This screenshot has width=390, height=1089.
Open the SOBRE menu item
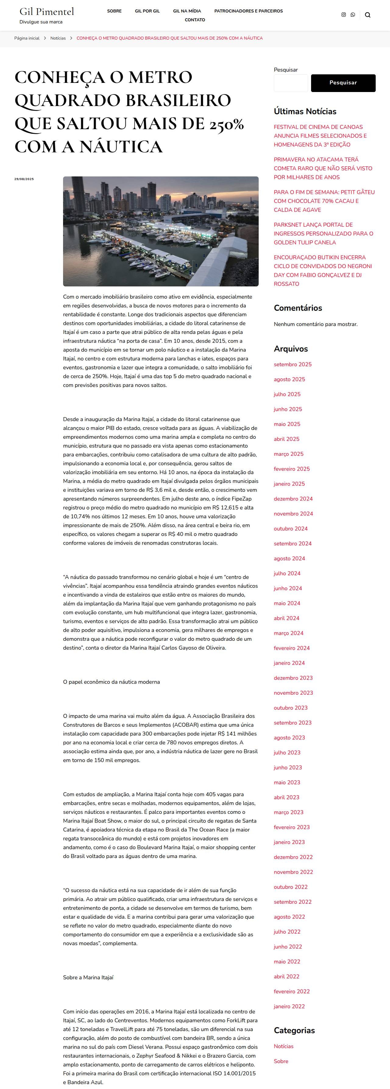[114, 11]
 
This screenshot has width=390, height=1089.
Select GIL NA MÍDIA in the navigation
[187, 11]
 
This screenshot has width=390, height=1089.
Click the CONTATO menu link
[195, 20]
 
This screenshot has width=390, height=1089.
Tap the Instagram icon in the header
[343, 15]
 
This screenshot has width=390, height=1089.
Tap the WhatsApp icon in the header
[353, 15]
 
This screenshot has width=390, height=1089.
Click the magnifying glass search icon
[368, 15]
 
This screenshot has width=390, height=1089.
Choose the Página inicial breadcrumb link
[27, 38]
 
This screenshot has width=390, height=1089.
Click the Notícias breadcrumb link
[58, 38]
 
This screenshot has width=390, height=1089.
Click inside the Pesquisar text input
[291, 83]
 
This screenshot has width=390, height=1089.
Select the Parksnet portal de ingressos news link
[323, 233]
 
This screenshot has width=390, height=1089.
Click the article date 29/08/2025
[24, 179]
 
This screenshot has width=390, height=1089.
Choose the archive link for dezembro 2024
[293, 499]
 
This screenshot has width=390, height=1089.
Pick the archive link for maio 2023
[287, 782]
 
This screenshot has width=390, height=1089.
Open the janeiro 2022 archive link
[289, 1006]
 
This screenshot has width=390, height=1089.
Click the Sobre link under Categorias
[281, 1062]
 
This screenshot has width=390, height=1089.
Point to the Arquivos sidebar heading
[291, 349]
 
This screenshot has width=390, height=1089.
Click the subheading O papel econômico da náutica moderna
[111, 682]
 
